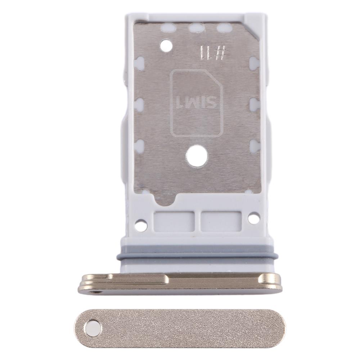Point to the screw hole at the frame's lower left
[x=140, y=225]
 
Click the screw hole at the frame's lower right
[x=254, y=218]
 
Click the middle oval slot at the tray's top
[x=196, y=28]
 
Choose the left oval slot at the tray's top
[x=167, y=28]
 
